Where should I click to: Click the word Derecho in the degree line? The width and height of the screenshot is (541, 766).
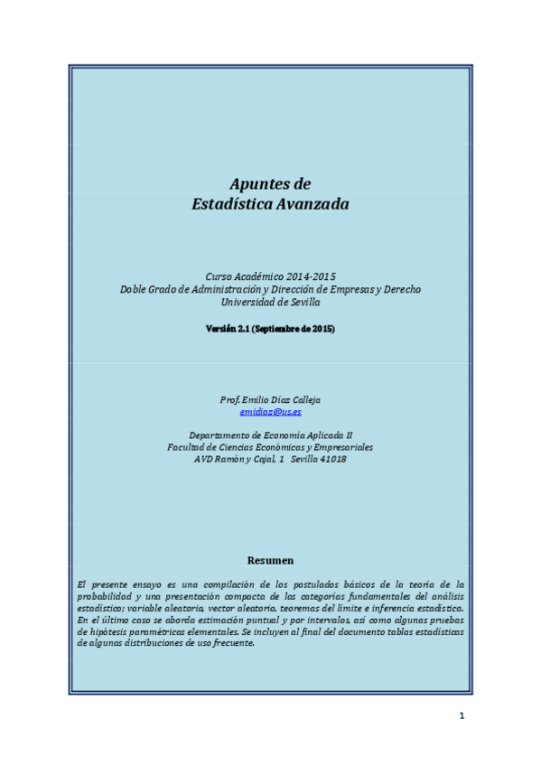point(402,289)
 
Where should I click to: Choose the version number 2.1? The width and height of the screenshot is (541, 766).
point(243,329)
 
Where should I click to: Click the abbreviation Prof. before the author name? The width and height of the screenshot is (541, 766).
point(229,399)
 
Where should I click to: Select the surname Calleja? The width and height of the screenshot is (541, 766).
point(303,399)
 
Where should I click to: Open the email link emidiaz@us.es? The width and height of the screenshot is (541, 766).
point(270,412)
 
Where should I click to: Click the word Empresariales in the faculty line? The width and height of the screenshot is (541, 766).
point(342,446)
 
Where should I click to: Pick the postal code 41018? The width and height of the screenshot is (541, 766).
point(331,459)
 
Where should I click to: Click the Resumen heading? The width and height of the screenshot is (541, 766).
point(270,560)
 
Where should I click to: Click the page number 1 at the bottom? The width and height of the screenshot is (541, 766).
point(462,716)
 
